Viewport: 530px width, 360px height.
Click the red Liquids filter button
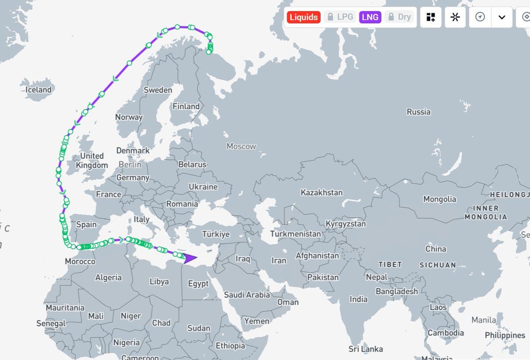(x=303, y=17)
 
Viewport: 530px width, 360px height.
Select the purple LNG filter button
(x=370, y=17)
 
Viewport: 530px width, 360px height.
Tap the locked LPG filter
(x=340, y=17)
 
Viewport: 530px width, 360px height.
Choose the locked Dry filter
(x=399, y=17)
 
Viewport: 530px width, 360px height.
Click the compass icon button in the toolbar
(x=480, y=17)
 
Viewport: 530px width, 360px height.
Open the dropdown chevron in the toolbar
(x=502, y=17)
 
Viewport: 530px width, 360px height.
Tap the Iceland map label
(x=38, y=90)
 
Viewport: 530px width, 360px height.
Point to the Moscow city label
(x=241, y=146)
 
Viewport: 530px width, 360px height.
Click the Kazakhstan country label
(x=321, y=193)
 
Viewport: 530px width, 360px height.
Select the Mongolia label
(x=439, y=199)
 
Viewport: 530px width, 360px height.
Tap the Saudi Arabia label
(x=246, y=295)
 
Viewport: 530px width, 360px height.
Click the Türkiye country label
(x=216, y=234)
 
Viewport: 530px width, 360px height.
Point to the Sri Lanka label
(x=366, y=349)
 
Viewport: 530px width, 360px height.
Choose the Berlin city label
(x=130, y=164)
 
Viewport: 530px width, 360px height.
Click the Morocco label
(x=80, y=261)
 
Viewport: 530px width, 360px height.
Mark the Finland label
(x=186, y=106)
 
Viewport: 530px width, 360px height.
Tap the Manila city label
(x=484, y=319)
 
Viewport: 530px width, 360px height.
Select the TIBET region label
(x=390, y=265)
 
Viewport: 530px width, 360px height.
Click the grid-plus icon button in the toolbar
(x=431, y=17)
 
